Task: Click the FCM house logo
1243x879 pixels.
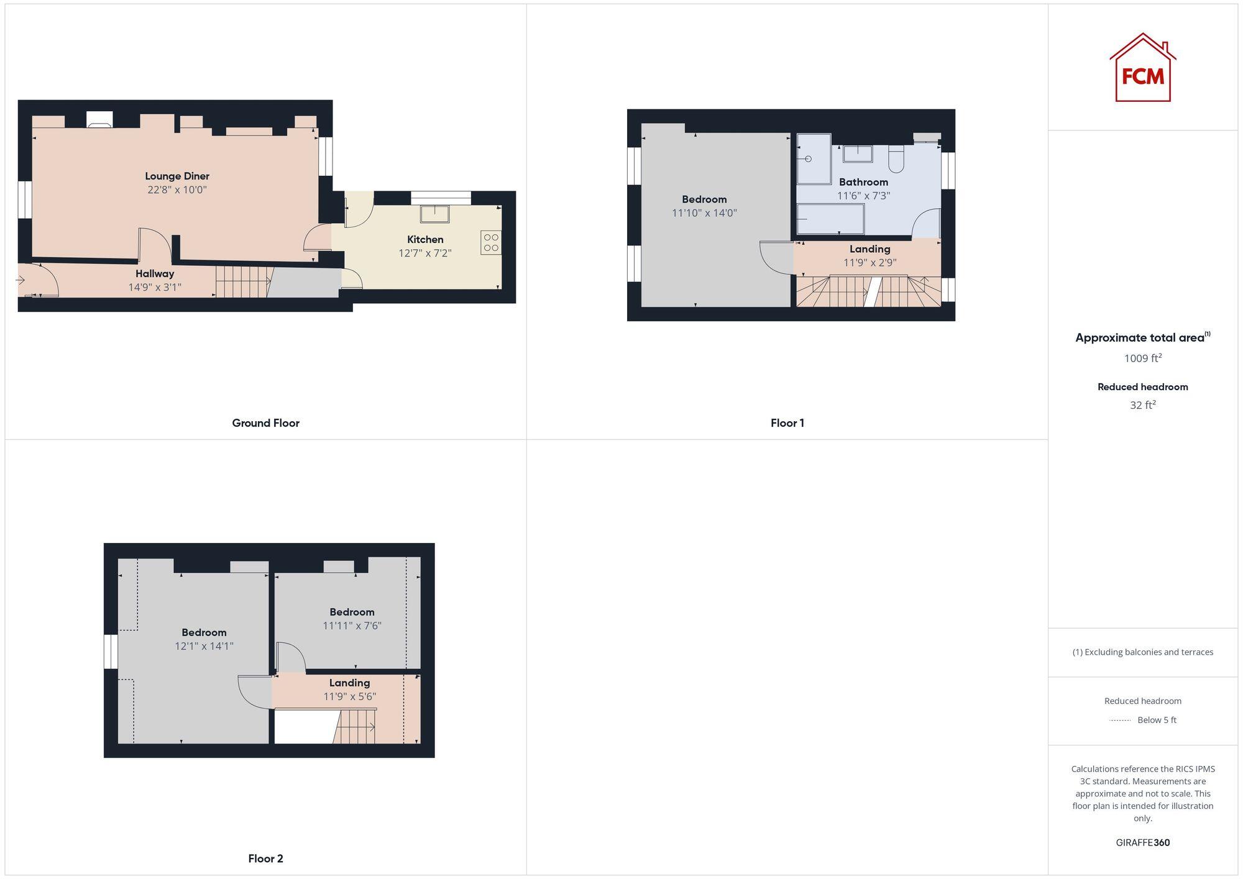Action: [1142, 68]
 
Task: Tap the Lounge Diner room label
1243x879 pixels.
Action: [177, 176]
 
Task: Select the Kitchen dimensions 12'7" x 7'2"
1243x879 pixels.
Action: [425, 253]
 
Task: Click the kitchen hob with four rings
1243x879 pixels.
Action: [491, 243]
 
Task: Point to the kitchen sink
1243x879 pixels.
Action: [434, 214]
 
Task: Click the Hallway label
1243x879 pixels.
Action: [155, 274]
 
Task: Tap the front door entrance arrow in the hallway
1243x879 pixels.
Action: [21, 280]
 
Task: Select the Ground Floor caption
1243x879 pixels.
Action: [265, 423]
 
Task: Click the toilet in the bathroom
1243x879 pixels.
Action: [896, 159]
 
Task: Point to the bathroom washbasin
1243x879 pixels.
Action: [858, 153]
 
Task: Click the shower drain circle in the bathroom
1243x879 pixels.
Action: [809, 159]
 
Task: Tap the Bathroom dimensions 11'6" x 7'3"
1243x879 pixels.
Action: [863, 196]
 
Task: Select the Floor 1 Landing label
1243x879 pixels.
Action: [869, 249]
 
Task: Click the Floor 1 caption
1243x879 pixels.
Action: [787, 423]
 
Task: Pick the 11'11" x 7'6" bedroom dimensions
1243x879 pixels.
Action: [352, 626]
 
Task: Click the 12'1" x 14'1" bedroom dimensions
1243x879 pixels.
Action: [204, 647]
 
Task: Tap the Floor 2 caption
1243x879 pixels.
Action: [265, 859]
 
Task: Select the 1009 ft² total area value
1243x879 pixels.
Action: [1142, 358]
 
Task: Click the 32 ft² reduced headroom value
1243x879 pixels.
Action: [1142, 405]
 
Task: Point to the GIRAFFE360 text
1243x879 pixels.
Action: [1142, 843]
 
